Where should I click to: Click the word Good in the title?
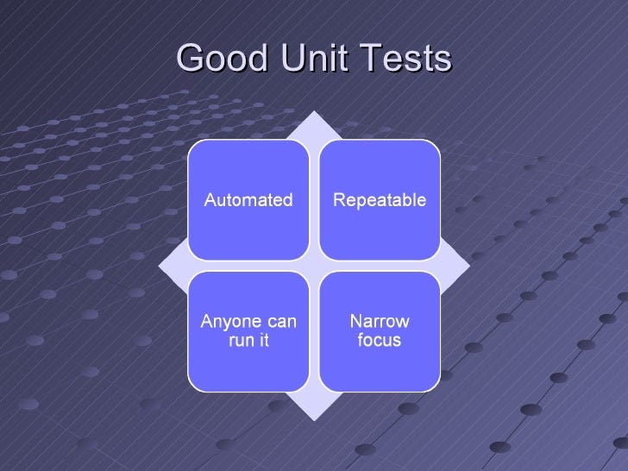(x=218, y=59)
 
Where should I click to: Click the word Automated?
(x=248, y=200)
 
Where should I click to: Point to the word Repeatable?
(x=380, y=200)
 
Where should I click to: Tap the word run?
(x=241, y=341)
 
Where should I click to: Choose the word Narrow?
(x=380, y=322)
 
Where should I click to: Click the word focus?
(x=380, y=341)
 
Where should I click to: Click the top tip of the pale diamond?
(x=314, y=113)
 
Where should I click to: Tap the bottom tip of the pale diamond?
(x=314, y=417)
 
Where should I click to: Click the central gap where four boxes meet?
(x=314, y=266)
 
